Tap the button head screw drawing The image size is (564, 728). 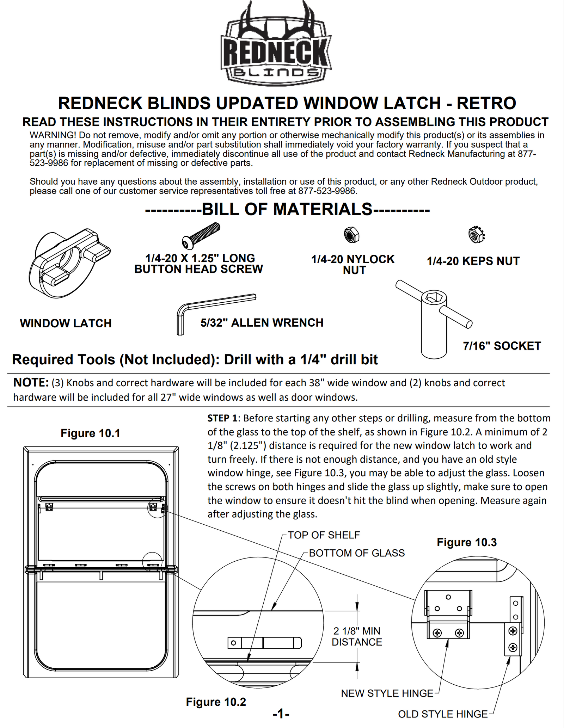pos(201,236)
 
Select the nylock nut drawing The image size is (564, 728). pos(351,235)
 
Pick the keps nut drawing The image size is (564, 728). pos(476,234)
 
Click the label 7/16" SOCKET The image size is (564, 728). pos(502,346)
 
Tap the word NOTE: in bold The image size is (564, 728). pos(31,382)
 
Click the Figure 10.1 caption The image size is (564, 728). pos(90,433)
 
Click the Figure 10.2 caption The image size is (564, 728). pos(216,702)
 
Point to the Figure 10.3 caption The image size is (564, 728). pos(466,542)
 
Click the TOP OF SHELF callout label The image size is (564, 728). pos(324,535)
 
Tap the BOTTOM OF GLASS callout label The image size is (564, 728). pos(357,553)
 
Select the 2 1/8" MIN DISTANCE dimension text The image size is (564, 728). pos(357,636)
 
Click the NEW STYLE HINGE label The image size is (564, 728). pos(387,693)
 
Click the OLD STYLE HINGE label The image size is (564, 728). pos(442,714)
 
